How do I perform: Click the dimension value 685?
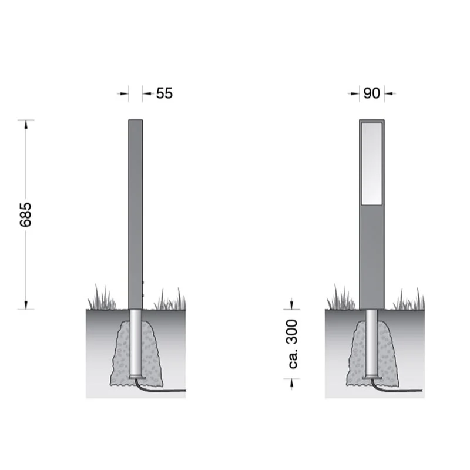point(25,214)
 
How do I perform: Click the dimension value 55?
point(164,93)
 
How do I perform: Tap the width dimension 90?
point(372,93)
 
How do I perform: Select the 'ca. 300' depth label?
point(292,344)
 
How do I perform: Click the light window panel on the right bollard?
point(372,163)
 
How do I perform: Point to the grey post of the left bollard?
point(136,214)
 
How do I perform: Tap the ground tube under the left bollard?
point(136,343)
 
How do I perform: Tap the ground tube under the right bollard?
point(372,343)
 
